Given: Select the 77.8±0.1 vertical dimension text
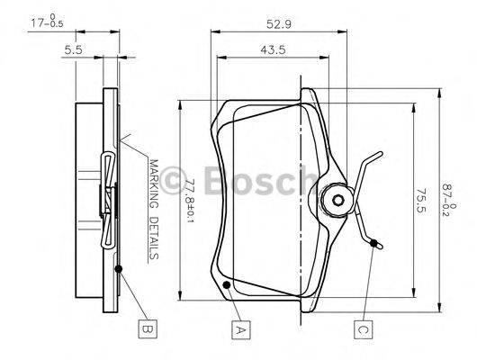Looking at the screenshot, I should click(x=189, y=200).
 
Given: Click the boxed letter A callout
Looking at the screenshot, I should click(x=239, y=329).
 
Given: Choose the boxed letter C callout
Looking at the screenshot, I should click(x=363, y=329).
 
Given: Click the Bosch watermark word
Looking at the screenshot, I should click(x=256, y=183).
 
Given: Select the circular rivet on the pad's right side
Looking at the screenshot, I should click(x=337, y=200).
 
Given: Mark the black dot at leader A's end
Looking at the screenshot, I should click(x=227, y=285).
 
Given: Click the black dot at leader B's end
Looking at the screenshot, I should click(x=118, y=268).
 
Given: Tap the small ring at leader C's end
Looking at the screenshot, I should click(x=375, y=242).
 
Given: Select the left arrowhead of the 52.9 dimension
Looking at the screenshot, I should click(x=213, y=32).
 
